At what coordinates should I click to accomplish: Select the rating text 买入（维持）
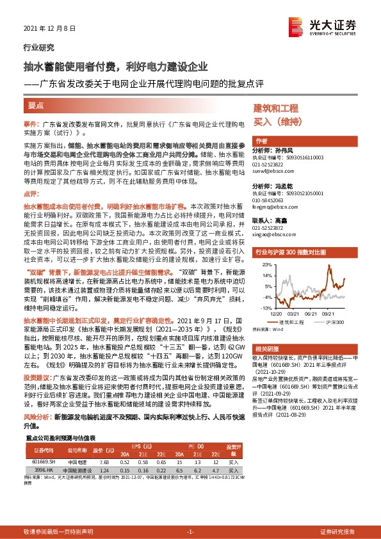click(x=275, y=120)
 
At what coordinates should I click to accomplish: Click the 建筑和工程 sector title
click(x=276, y=108)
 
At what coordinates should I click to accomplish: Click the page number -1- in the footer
click(x=190, y=532)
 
